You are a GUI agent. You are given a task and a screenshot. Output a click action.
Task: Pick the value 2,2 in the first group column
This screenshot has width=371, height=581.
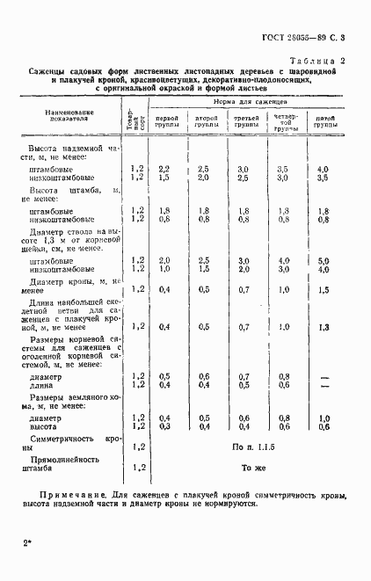164,168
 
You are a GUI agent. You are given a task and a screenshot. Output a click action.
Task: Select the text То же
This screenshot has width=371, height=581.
253,468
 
